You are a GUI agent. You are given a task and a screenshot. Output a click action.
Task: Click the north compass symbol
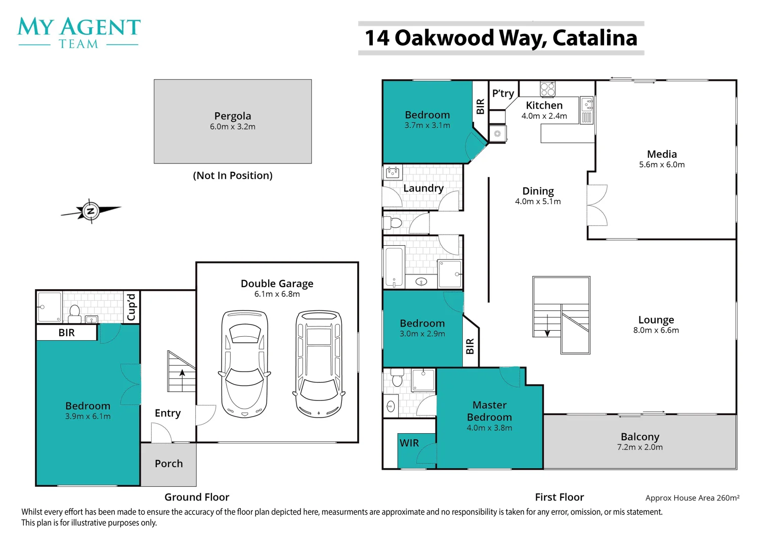point(91,211)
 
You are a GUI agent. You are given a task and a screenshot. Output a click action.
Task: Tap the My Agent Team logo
point(79,33)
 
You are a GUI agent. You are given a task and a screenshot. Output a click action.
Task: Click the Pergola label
point(233,116)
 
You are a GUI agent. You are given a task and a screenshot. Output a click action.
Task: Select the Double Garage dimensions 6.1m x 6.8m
point(277,294)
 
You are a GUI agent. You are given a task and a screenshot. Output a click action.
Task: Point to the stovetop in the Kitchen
point(548,89)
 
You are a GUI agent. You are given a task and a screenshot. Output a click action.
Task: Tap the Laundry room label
point(423,189)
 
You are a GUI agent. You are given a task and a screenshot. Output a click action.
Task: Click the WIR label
point(409,443)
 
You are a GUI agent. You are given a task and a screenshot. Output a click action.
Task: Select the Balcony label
point(640,437)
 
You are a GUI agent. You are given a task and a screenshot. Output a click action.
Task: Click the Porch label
point(169,464)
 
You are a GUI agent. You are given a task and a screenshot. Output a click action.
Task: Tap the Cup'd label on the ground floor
point(131,307)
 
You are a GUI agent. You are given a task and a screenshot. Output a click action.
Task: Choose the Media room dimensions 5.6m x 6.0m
point(662,165)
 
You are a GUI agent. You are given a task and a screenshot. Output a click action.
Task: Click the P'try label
point(503,94)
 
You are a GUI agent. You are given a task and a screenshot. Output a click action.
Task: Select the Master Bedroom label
point(489,411)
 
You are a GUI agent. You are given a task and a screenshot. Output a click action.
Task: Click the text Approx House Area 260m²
point(693,497)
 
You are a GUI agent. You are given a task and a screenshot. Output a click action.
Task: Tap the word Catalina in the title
point(595,38)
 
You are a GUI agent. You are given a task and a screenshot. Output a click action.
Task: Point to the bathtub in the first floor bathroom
point(394,267)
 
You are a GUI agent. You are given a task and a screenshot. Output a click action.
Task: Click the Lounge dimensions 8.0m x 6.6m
point(656,331)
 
